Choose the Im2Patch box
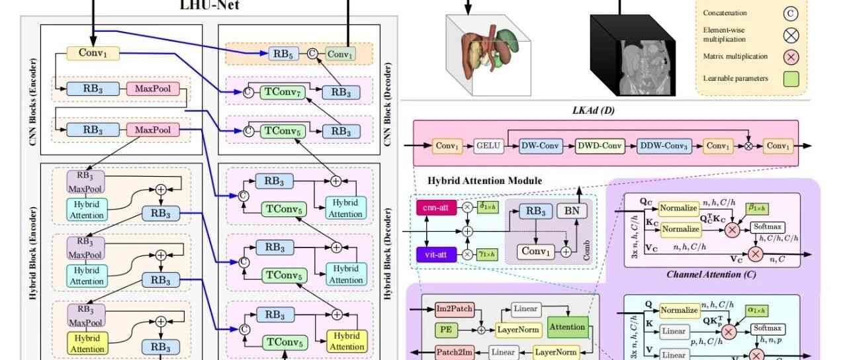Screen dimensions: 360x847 point(453,309)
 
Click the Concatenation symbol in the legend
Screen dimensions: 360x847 point(791,13)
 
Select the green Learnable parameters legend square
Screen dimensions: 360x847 point(791,79)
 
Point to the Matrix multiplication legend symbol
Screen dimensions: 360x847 point(791,57)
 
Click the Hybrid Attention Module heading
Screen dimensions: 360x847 point(485,181)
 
